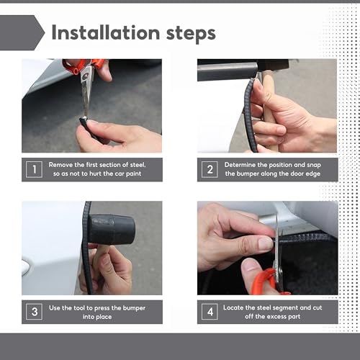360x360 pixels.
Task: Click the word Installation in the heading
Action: pyautogui.click(x=106, y=33)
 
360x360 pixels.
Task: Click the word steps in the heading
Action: pyautogui.click(x=191, y=35)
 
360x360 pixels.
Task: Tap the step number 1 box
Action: pyautogui.click(x=34, y=169)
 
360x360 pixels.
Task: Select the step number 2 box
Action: pyautogui.click(x=210, y=169)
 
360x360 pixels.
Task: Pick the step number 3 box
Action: pyautogui.click(x=34, y=312)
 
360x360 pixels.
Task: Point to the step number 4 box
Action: pyautogui.click(x=210, y=312)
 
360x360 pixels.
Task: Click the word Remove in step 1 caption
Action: pyautogui.click(x=60, y=165)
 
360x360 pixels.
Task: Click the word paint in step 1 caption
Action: pyautogui.click(x=133, y=174)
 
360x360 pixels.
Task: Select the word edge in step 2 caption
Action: pyautogui.click(x=312, y=174)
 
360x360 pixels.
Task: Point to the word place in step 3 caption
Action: pyautogui.click(x=104, y=317)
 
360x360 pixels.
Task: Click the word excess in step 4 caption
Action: pyautogui.click(x=276, y=317)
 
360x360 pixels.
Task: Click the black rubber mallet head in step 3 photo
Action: pyautogui.click(x=112, y=230)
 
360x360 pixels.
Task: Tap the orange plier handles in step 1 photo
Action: pyautogui.click(x=83, y=66)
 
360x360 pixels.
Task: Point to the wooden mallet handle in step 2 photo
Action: pyautogui.click(x=269, y=113)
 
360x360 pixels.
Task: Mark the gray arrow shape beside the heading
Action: pyautogui.click(x=22, y=32)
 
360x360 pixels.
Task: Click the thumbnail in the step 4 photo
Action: pyautogui.click(x=265, y=244)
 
